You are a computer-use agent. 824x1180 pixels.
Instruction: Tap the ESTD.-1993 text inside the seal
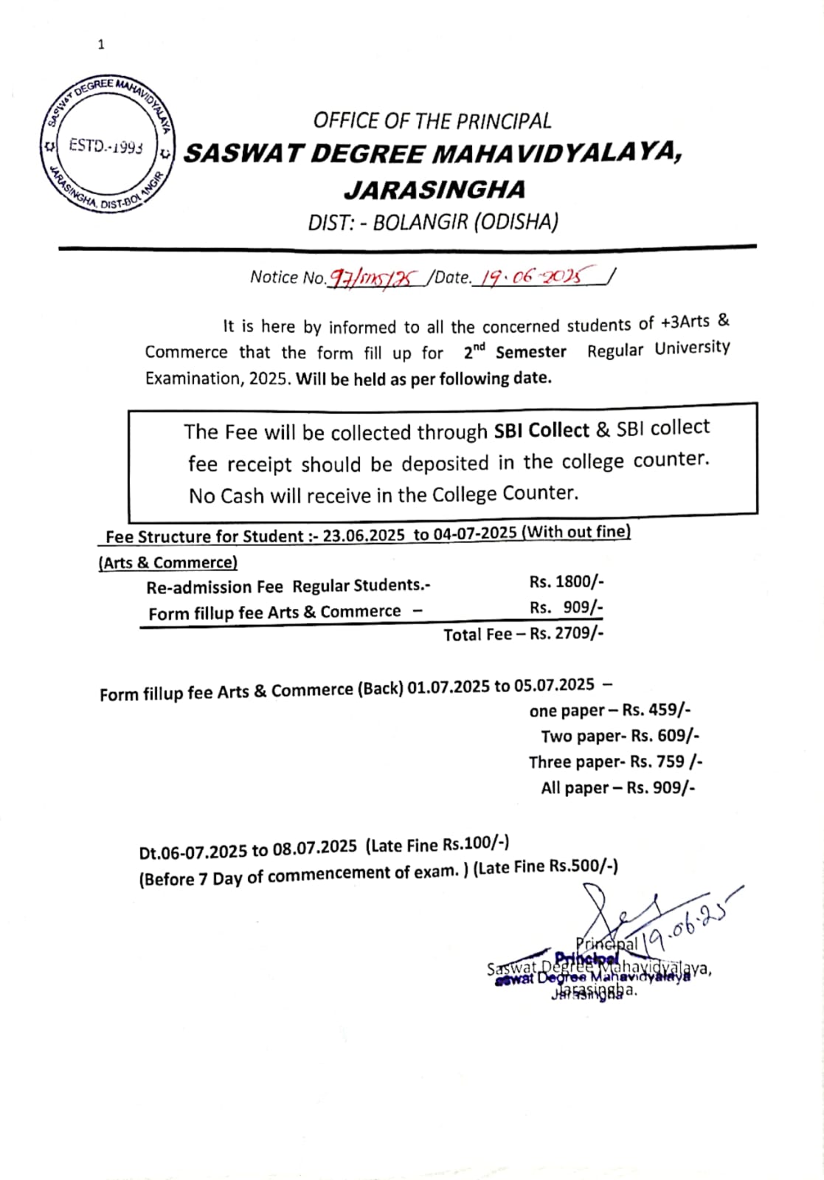point(105,145)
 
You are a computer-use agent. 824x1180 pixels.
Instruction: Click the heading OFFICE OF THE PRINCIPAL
point(432,121)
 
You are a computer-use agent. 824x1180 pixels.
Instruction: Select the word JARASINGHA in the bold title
point(434,190)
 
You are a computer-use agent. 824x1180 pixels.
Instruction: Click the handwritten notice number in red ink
point(375,278)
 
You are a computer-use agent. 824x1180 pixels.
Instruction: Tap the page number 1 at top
point(101,45)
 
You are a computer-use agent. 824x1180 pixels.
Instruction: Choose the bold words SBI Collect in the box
point(541,430)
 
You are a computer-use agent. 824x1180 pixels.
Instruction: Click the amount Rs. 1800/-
point(567,582)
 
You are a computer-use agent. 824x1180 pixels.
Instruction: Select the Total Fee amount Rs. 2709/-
point(567,633)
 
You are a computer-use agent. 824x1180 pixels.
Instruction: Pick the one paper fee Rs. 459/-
point(657,710)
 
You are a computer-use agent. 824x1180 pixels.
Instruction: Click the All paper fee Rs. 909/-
point(660,787)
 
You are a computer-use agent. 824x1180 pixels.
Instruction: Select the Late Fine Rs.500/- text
point(546,867)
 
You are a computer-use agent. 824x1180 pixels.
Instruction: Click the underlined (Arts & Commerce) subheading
point(168,563)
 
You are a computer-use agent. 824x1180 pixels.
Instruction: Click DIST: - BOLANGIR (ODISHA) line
point(433,222)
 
